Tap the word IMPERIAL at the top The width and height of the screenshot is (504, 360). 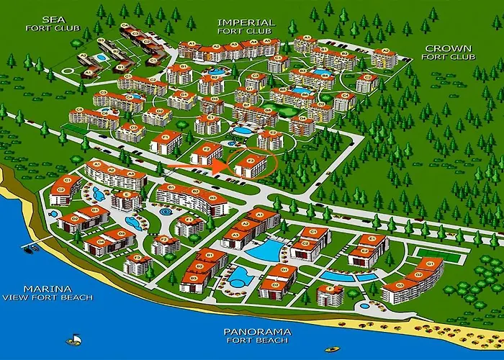click(246, 22)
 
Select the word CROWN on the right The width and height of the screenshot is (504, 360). click(448, 49)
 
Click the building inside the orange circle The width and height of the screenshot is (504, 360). click(250, 164)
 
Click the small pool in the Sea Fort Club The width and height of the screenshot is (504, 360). click(101, 57)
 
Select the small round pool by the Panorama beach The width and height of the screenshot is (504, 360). click(364, 305)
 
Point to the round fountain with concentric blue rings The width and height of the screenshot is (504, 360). click(166, 212)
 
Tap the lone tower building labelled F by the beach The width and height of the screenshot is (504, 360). click(330, 294)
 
